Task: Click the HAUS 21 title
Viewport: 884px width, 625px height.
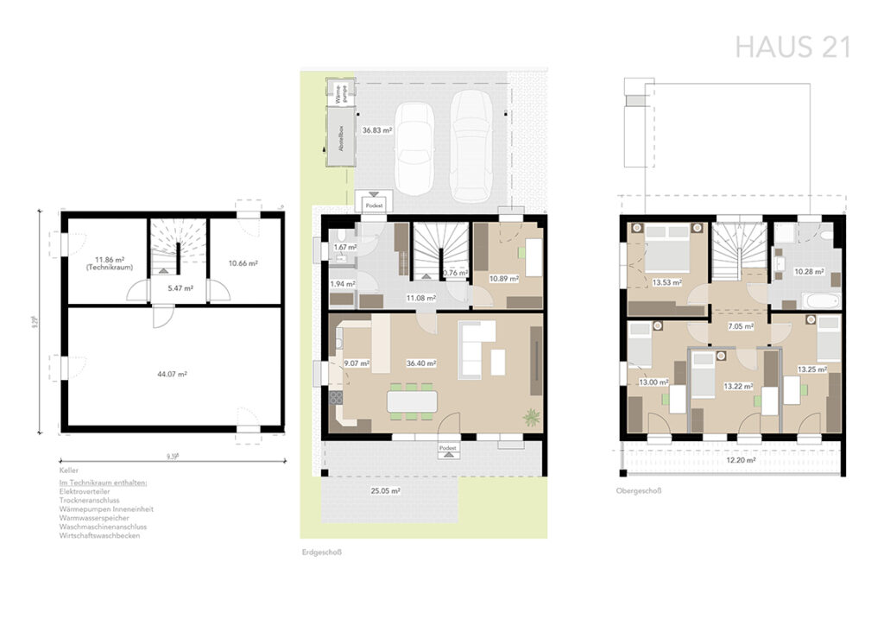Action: tap(792, 47)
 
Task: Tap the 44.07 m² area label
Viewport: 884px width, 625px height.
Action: tap(173, 374)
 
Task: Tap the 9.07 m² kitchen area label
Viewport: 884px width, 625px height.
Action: tap(356, 363)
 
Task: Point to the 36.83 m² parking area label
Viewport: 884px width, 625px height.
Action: tap(377, 130)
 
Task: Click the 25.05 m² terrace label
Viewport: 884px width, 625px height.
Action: tap(385, 490)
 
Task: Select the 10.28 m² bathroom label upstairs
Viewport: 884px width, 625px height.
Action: tap(808, 272)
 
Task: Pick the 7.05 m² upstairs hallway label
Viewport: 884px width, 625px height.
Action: tap(741, 326)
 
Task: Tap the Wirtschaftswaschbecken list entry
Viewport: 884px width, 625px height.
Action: tap(100, 535)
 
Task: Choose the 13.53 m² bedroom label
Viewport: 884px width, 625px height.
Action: tap(667, 281)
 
